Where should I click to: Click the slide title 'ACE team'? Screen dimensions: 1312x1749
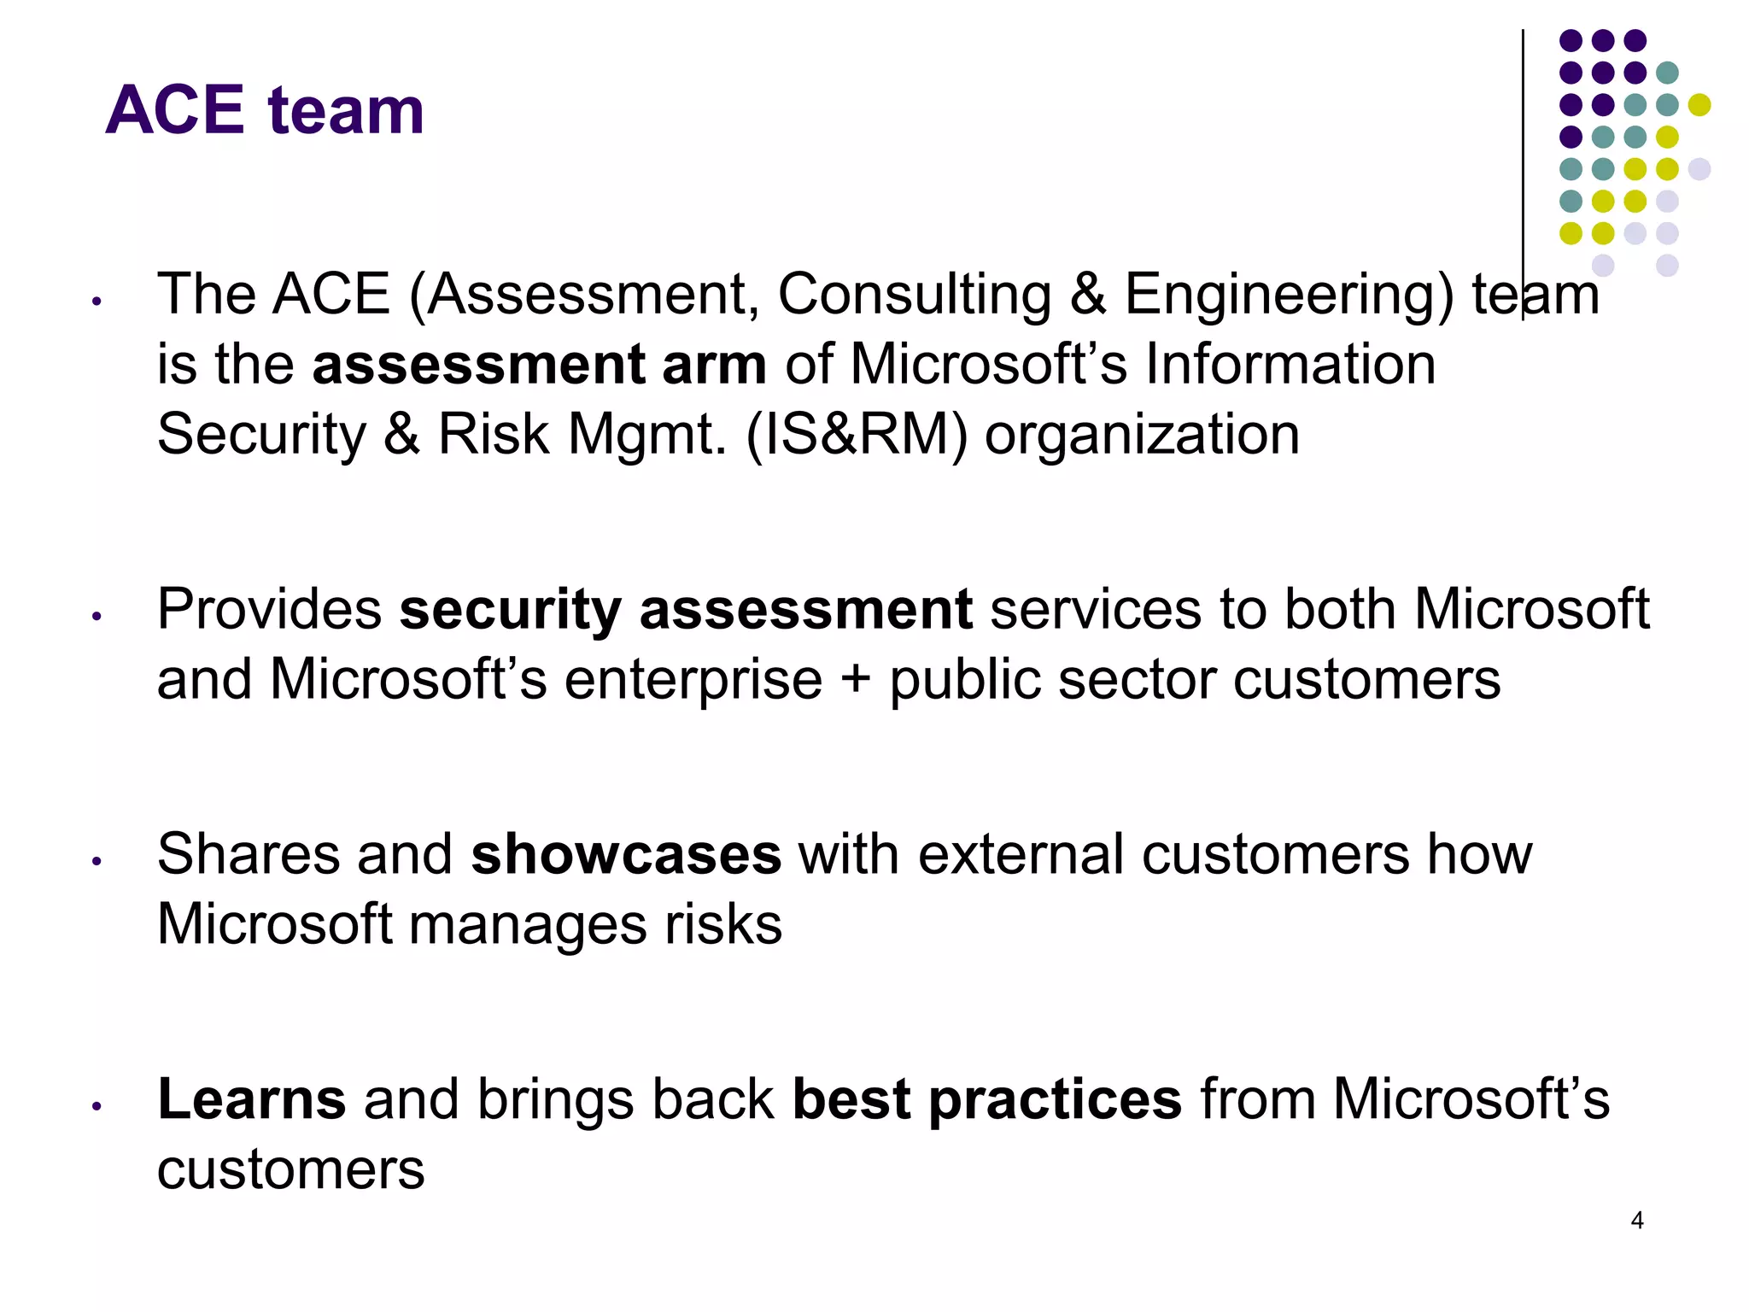pyautogui.click(x=265, y=110)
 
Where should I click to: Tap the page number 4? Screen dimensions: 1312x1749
pyautogui.click(x=1636, y=1221)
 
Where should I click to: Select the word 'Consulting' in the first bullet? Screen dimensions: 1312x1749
pyautogui.click(x=914, y=295)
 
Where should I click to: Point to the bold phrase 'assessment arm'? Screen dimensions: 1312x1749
pyautogui.click(x=539, y=366)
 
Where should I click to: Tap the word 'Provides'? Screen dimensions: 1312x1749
pyautogui.click(x=270, y=610)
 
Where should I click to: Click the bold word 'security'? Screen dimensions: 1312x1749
pyautogui.click(x=510, y=612)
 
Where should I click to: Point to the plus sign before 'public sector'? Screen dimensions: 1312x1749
pyautogui.click(x=856, y=681)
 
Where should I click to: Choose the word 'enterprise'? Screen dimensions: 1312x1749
pyautogui.click(x=693, y=682)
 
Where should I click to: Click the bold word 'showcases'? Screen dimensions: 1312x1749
pyautogui.click(x=625, y=854)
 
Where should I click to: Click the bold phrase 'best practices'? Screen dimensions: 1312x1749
pyautogui.click(x=987, y=1100)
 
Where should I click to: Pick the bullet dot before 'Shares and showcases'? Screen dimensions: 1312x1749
pyautogui.click(x=97, y=861)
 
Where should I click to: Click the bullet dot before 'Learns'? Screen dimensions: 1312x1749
pyautogui.click(x=97, y=1106)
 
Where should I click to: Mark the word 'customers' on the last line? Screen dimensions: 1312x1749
pyautogui.click(x=290, y=1169)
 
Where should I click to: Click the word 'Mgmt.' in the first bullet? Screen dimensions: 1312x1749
pyautogui.click(x=646, y=435)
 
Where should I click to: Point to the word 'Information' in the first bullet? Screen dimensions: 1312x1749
pyautogui.click(x=1290, y=365)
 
